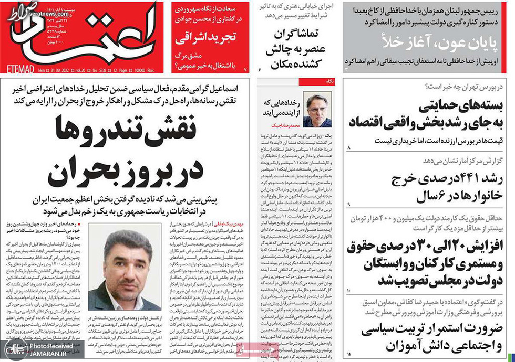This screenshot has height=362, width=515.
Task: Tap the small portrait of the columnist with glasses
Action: pos(317,109)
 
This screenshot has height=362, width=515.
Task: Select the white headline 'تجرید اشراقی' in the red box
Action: pos(208,39)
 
